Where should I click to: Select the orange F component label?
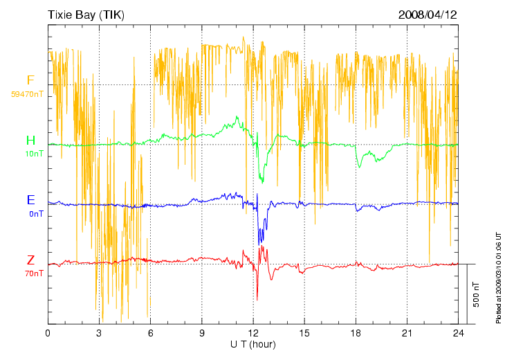tap(30, 80)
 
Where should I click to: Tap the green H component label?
tap(30, 141)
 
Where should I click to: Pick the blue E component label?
tap(30, 200)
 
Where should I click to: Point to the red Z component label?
tap(30, 260)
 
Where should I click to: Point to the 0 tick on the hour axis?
tap(48, 333)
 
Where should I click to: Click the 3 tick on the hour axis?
tap(99, 333)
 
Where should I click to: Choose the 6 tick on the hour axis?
tap(150, 333)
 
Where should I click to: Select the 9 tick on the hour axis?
tap(201, 333)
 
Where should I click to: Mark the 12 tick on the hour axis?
tap(253, 333)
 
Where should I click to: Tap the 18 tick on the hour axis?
tap(356, 333)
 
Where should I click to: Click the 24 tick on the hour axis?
tap(458, 333)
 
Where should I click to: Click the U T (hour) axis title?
tap(253, 344)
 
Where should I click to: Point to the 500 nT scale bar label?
tap(477, 294)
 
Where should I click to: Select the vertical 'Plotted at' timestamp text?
tap(498, 278)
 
